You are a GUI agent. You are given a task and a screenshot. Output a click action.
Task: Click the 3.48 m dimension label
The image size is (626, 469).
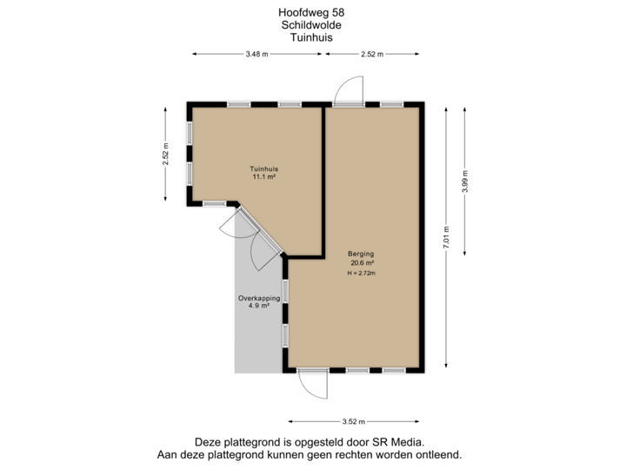pos(257,54)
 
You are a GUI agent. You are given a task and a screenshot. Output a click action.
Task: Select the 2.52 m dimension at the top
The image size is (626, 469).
pos(371,54)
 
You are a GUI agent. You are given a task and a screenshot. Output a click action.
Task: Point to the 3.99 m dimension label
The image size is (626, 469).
pos(466,182)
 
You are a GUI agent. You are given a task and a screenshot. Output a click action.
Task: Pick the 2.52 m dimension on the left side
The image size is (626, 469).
pos(165,153)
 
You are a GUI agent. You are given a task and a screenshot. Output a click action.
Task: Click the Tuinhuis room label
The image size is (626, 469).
pos(263,168)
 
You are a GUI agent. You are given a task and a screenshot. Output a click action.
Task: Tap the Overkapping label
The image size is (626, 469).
pos(259,298)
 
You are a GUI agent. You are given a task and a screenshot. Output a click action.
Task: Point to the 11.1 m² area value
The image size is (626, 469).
pos(263,177)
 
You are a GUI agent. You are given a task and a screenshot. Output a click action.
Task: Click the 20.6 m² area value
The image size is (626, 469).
pos(363,264)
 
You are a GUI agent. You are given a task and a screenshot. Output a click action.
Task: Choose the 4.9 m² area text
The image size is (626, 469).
pos(259,307)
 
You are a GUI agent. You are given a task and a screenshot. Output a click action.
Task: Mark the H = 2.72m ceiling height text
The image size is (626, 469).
pos(363,274)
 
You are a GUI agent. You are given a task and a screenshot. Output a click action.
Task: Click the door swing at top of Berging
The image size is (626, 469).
pos(348,89)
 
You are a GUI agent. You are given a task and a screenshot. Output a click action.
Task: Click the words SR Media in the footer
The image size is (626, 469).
pos(401,442)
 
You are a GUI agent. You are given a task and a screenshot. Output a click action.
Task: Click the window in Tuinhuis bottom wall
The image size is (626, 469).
pos(214,204)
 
